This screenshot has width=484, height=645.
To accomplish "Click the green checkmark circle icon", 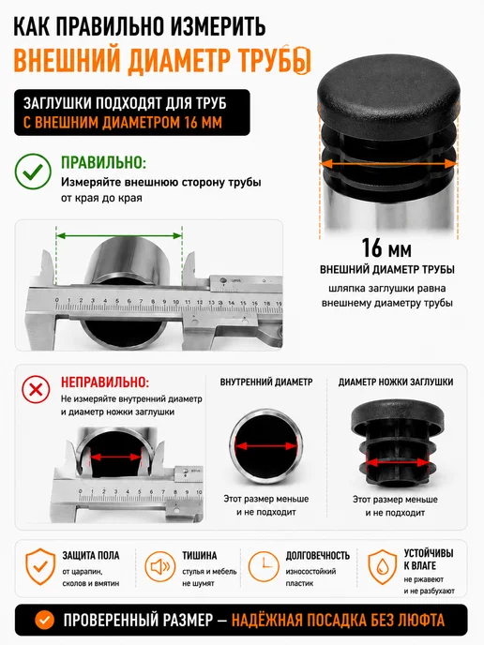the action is (33, 172).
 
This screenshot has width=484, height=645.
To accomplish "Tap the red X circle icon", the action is (36, 389).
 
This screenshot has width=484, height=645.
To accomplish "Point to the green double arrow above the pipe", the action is (119, 235).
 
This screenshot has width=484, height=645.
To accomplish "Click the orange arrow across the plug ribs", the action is (388, 164).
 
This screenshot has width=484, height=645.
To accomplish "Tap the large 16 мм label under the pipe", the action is (386, 248).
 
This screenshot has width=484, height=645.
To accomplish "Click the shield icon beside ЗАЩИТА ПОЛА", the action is (40, 567).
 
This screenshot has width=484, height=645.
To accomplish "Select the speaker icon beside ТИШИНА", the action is (160, 567).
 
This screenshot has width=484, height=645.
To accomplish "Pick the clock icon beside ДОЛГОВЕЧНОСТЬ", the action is (264, 567).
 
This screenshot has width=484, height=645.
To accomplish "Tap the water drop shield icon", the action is (383, 567).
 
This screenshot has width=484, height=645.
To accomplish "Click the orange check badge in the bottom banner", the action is (44, 620).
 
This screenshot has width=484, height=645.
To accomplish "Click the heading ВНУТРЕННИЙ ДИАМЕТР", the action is (266, 382).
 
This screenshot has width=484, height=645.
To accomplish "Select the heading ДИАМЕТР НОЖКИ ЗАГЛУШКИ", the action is (396, 382).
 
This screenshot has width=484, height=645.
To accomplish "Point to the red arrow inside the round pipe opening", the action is (266, 446).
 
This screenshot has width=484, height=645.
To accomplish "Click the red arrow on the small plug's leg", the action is (398, 463).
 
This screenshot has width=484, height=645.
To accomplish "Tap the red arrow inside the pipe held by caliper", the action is (115, 457).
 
